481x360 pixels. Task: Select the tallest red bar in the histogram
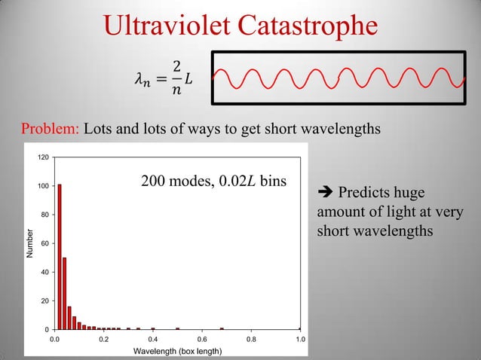pyautogui.click(x=60, y=256)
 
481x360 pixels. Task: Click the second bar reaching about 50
pyautogui.click(x=65, y=294)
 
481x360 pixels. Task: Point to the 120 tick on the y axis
pyautogui.click(x=44, y=157)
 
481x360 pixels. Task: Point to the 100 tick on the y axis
pyautogui.click(x=44, y=186)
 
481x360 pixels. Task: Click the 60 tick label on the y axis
pyautogui.click(x=45, y=243)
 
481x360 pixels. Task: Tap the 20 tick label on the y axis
pyautogui.click(x=45, y=301)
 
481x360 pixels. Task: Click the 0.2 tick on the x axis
pyautogui.click(x=104, y=340)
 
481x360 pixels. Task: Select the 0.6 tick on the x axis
pyautogui.click(x=202, y=340)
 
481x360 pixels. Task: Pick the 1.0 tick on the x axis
pyautogui.click(x=300, y=340)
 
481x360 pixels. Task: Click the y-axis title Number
pyautogui.click(x=30, y=243)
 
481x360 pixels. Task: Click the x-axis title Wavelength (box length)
pyautogui.click(x=177, y=352)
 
